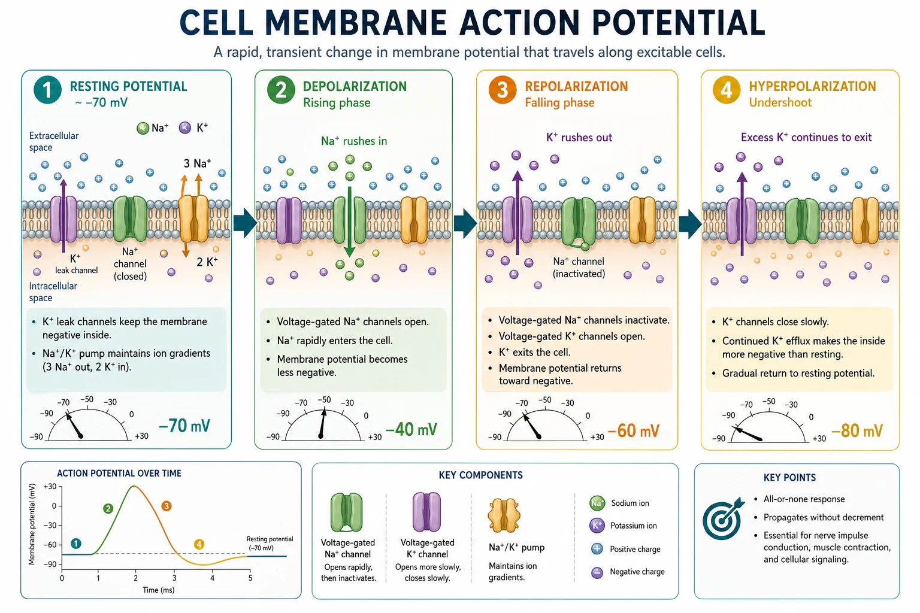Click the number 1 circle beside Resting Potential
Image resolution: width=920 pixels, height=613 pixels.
pos(48,90)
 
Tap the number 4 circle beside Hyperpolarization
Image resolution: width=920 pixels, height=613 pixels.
pos(727,90)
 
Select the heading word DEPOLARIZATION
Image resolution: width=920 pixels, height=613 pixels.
pos(355,86)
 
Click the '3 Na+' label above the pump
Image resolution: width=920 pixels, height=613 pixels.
pos(197,163)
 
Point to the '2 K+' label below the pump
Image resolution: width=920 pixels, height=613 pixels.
pos(207,262)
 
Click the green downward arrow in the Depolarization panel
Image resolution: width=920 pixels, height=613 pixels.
pos(349,221)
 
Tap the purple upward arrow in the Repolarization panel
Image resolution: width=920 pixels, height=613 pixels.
pos(517,213)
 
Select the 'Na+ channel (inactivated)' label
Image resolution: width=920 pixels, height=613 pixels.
pos(579,267)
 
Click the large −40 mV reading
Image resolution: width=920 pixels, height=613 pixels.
pos(411,429)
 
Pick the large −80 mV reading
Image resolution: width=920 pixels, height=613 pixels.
pos(857,430)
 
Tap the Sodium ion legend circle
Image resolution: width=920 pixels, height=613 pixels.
pos(597,503)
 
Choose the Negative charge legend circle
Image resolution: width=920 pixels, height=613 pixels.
pos(597,572)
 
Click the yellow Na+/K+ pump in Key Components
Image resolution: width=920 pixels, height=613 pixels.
pos(504,515)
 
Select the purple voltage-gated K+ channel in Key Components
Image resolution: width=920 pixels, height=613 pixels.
pos(426,512)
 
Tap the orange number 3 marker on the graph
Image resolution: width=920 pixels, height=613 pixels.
pos(167,506)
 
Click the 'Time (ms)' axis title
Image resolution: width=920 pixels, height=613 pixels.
pos(159,590)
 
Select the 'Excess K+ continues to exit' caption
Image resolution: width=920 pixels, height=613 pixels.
pos(806,137)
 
